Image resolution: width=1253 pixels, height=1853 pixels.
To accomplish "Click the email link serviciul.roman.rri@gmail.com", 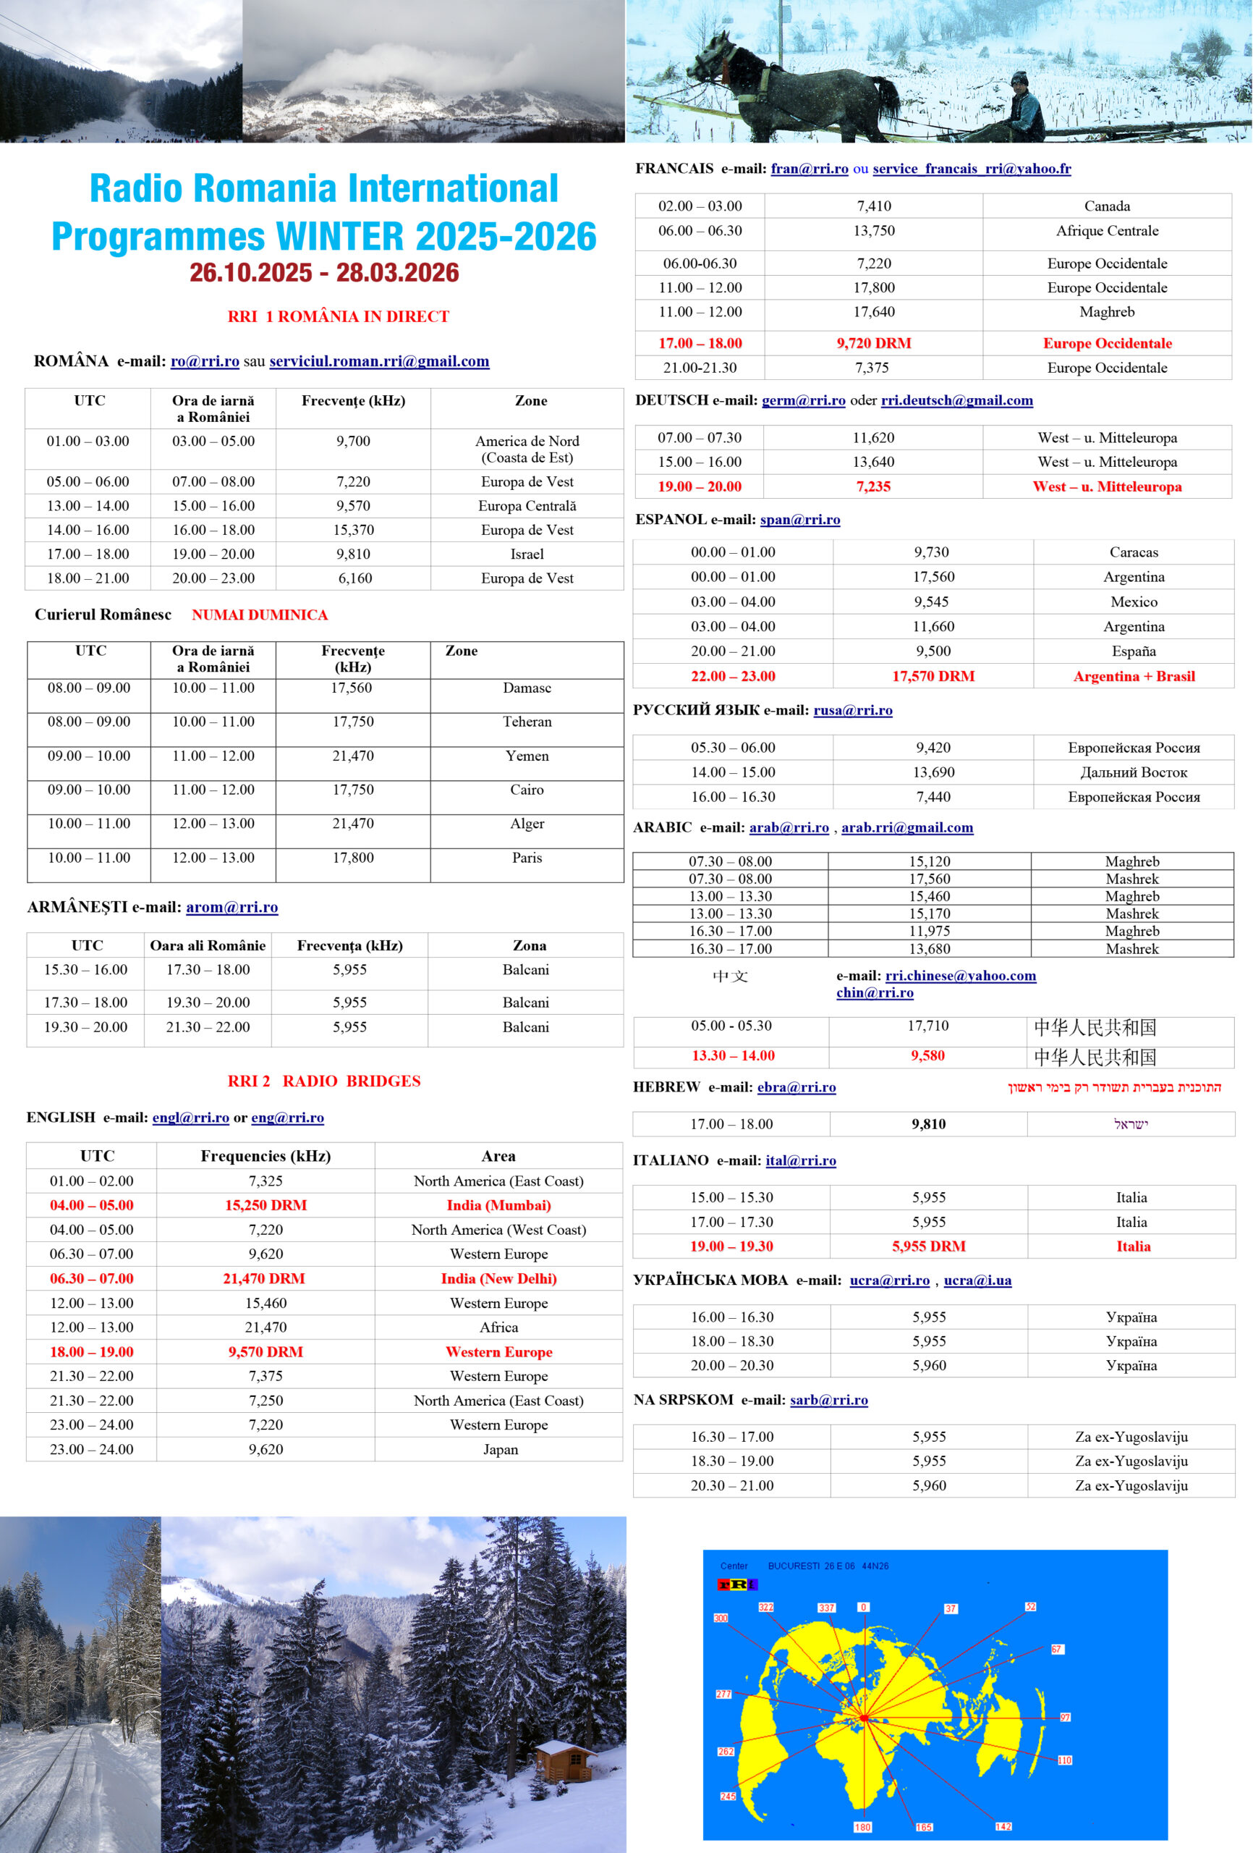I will pos(378,361).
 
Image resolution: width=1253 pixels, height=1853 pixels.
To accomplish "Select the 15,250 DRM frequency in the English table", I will pos(266,1204).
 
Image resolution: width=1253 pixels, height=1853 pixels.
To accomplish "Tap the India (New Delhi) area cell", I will pos(498,1278).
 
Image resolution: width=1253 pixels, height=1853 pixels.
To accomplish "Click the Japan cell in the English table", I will pos(500,1449).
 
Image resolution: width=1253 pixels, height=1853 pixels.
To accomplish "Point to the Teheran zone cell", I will pos(527,722).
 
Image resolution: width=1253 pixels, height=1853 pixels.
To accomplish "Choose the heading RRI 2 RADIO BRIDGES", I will pos(323,1081).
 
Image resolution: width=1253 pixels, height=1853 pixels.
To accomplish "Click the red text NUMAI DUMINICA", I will pos(259,615).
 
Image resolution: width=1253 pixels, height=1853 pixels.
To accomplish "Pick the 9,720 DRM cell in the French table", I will pos(874,343).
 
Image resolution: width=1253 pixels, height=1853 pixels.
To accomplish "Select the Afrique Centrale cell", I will pos(1106,230).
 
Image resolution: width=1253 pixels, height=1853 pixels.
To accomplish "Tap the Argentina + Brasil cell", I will pos(1134,676).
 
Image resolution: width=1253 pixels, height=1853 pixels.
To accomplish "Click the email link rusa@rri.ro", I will pos(852,709).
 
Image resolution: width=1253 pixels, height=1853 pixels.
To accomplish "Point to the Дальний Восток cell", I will pos(1134,772).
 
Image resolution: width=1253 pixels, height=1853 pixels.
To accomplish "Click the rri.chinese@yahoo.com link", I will pos(961,975).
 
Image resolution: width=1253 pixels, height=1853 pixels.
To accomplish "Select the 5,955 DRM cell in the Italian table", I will pos(929,1246).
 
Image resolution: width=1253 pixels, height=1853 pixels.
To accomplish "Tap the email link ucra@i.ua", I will pos(977,1280).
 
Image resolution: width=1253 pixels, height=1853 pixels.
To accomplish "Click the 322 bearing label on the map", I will pos(766,1607).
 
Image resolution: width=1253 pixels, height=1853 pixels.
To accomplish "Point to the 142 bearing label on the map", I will pos(1003,1826).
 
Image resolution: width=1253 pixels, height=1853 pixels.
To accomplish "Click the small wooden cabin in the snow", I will pos(565,1760).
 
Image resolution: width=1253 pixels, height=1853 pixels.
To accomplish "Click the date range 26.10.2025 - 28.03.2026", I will pos(323,273).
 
